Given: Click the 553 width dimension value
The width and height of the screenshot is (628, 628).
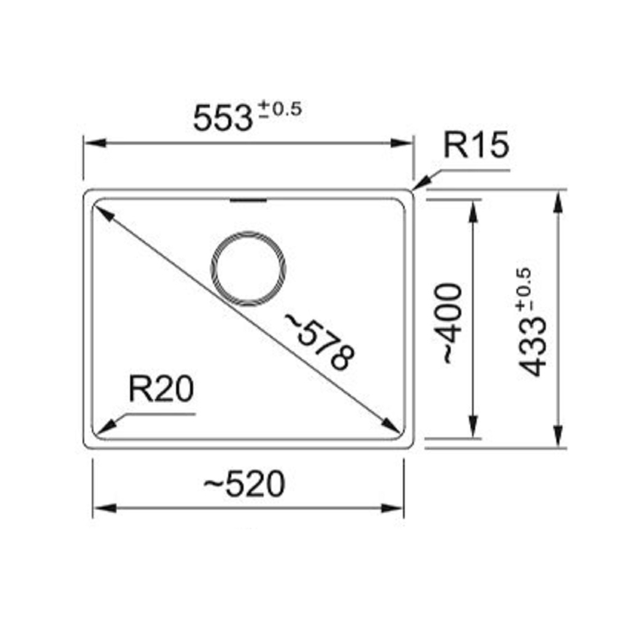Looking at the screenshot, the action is pos(223,118).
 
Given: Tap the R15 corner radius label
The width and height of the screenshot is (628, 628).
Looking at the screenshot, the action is pos(476,145).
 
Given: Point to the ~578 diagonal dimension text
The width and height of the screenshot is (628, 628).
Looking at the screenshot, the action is pos(320,341).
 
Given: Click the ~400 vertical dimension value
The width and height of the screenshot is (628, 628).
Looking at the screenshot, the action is pos(452,324).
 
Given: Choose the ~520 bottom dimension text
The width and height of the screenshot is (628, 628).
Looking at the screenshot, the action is pos(244,484).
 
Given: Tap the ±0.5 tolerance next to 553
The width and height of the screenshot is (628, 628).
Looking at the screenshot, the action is pos(280,109).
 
